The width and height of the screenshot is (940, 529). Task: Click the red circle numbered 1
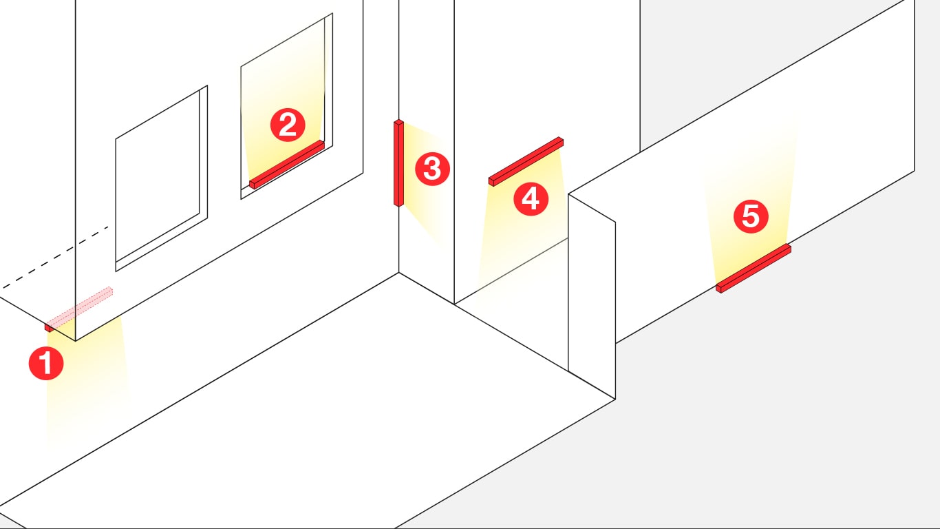click(46, 363)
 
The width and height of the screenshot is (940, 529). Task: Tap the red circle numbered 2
click(288, 125)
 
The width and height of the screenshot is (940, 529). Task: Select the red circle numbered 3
click(432, 169)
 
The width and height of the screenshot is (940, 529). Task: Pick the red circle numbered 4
click(531, 199)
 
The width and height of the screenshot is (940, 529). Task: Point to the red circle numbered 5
click(751, 216)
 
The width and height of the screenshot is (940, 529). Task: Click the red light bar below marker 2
click(287, 165)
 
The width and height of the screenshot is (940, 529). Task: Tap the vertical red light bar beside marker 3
click(398, 163)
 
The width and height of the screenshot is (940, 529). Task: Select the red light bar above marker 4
click(526, 161)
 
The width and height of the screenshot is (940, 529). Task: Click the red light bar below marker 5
click(754, 268)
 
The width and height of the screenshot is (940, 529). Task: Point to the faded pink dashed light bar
click(80, 309)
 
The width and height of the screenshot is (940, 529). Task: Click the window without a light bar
click(162, 178)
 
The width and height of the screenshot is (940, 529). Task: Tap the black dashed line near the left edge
click(55, 258)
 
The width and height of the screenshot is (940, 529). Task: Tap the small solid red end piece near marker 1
click(50, 327)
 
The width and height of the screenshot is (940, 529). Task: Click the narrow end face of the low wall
click(592, 296)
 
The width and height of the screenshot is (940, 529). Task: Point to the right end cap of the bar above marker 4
click(561, 142)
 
